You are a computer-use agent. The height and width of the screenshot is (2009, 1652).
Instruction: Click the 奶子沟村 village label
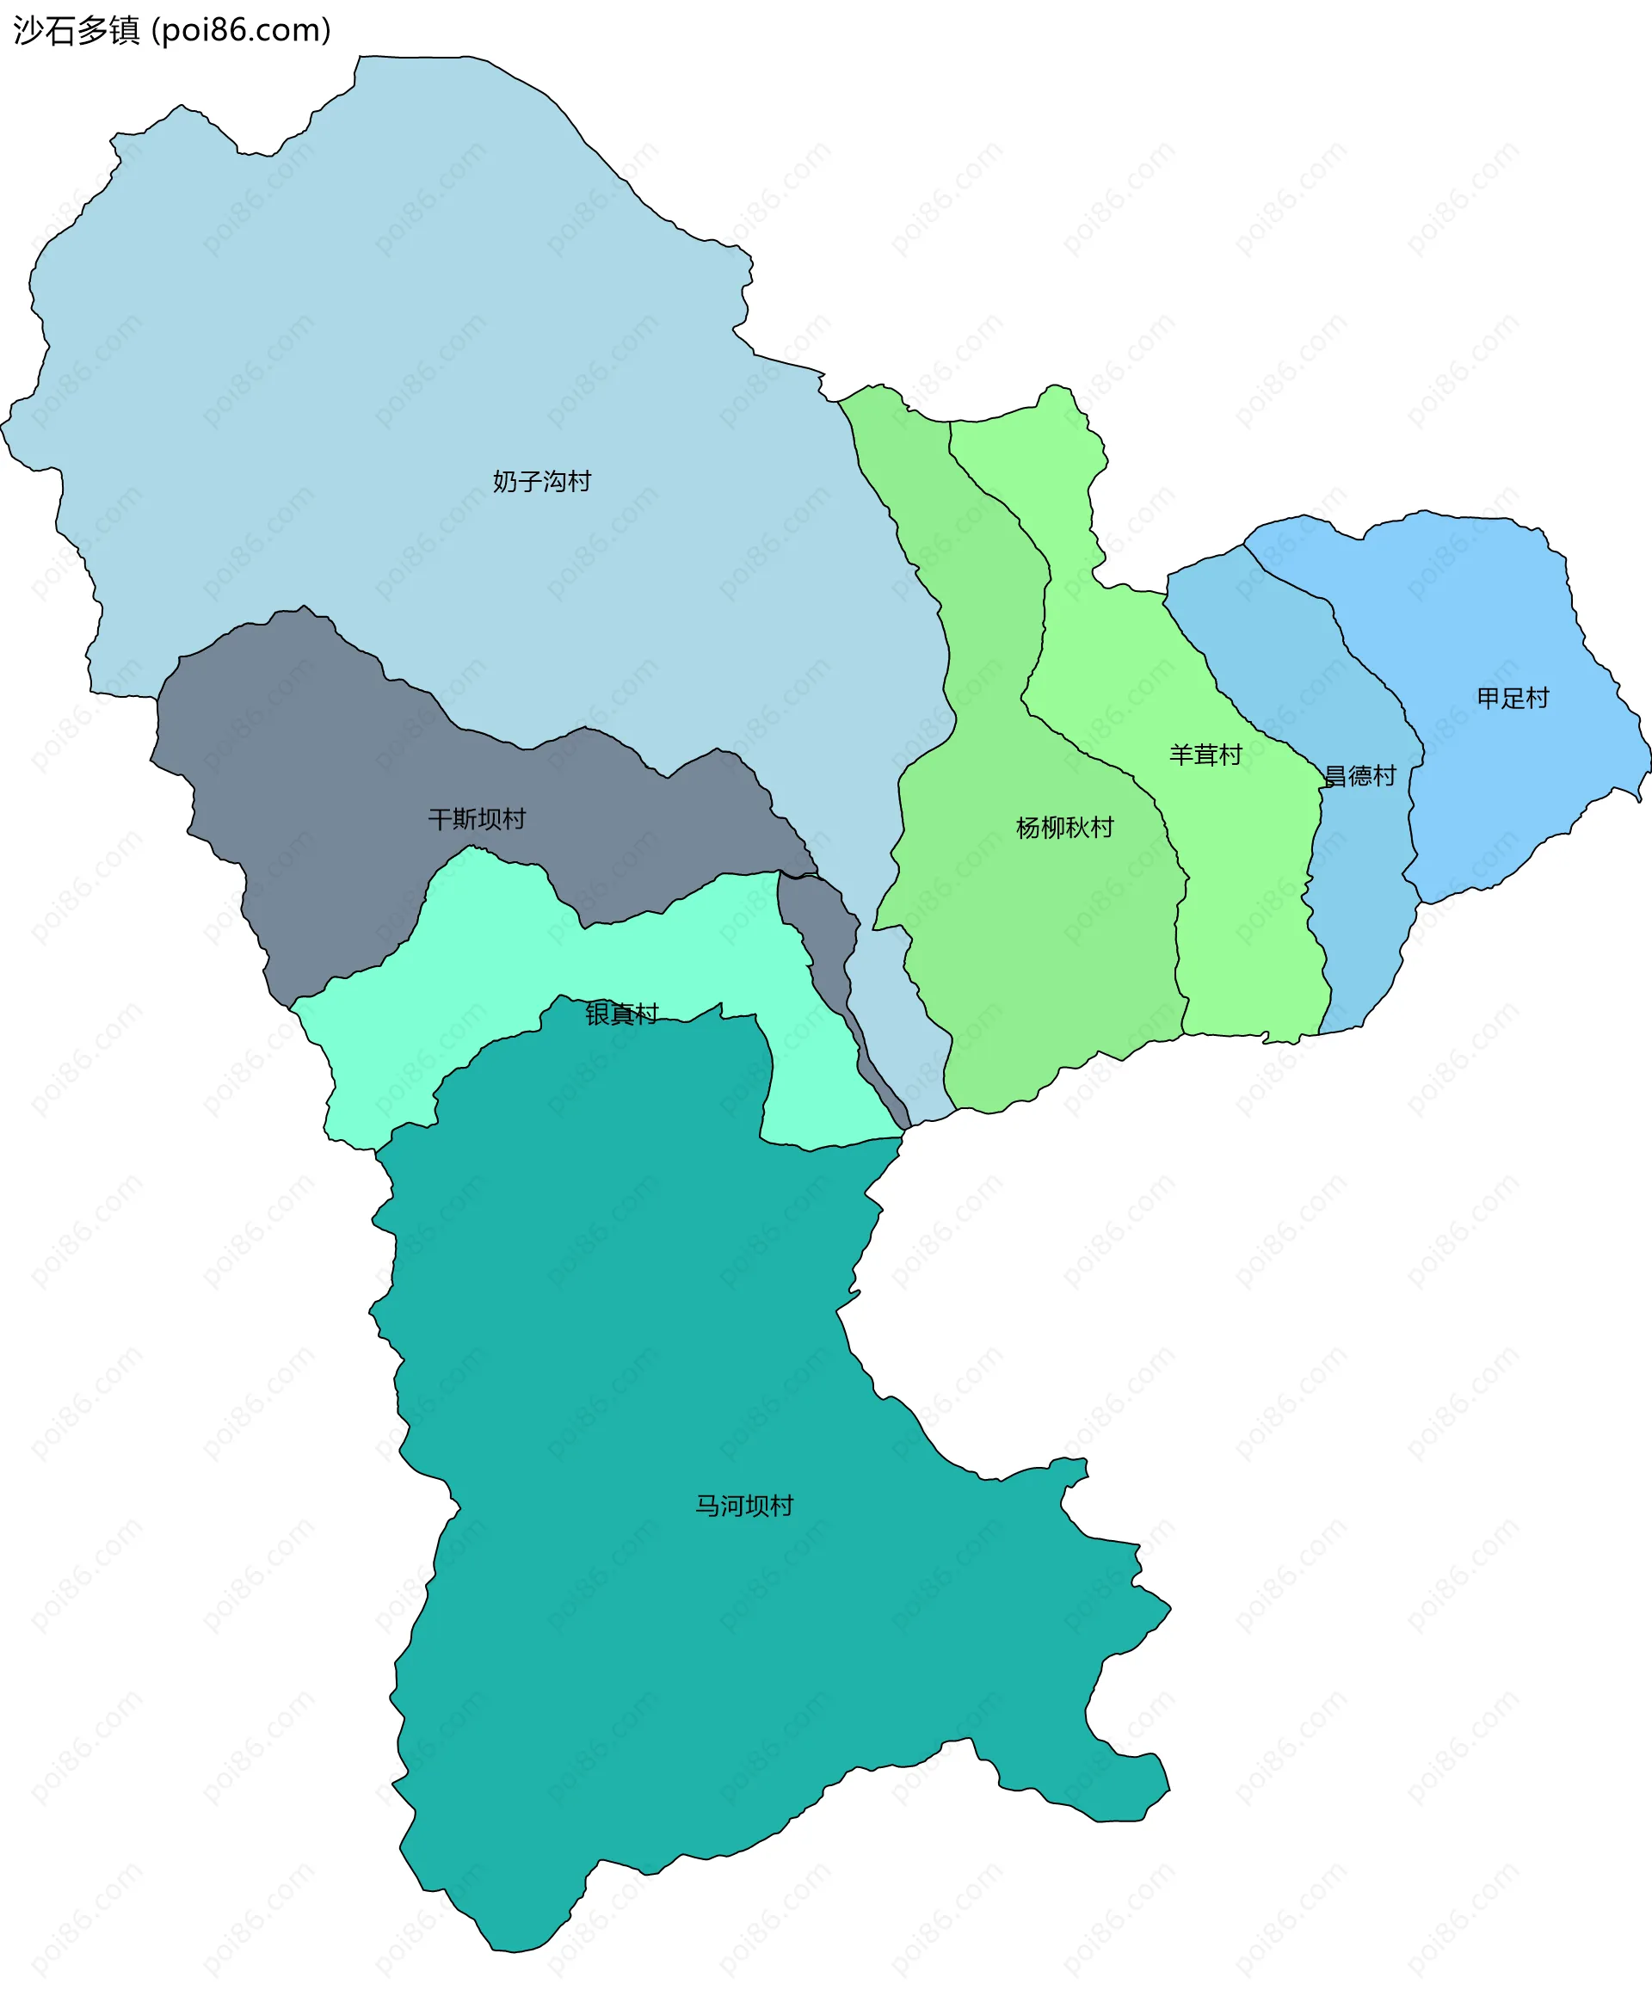click(541, 482)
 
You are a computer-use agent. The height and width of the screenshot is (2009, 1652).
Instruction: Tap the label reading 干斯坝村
click(477, 819)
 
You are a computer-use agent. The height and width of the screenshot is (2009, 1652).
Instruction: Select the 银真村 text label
click(621, 1014)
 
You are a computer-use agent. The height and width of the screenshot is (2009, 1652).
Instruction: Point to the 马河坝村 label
click(744, 1506)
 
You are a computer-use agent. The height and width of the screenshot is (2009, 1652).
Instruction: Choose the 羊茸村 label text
click(1205, 755)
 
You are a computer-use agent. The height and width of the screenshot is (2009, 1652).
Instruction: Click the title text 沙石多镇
click(76, 30)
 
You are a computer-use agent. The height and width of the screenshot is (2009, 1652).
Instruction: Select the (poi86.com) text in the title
click(242, 30)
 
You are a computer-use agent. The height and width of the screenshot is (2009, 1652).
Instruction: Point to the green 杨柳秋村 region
click(1027, 952)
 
